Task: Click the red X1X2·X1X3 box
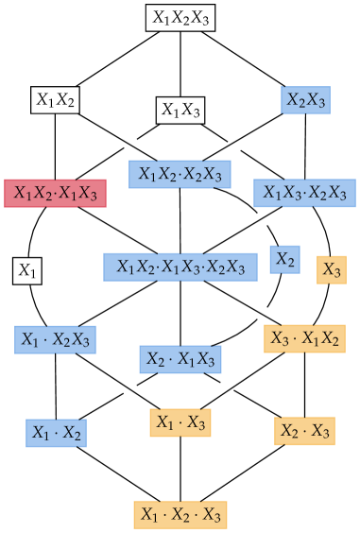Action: coord(55,193)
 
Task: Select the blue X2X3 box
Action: coord(305,100)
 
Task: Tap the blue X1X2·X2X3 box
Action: coord(180,174)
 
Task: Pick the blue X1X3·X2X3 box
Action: coord(304,193)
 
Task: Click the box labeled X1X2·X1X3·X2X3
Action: coord(180,266)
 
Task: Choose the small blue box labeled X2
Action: coord(284,259)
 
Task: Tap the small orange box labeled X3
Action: coord(332,269)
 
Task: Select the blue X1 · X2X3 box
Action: coord(55,339)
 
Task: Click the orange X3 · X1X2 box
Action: coord(304,338)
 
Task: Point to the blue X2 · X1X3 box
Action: coord(180,359)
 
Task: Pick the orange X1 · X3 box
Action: coord(180,422)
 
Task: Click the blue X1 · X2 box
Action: coord(56,433)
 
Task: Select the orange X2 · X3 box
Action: coord(304,431)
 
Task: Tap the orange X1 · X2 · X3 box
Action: coord(180,515)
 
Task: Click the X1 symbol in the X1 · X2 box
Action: coord(40,433)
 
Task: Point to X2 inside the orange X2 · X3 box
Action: coord(289,431)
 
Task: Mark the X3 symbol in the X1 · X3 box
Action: coord(196,422)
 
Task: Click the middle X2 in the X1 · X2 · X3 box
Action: coord(180,515)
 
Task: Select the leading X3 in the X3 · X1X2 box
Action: coord(279,338)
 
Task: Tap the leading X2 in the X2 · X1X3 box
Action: coord(155,359)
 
